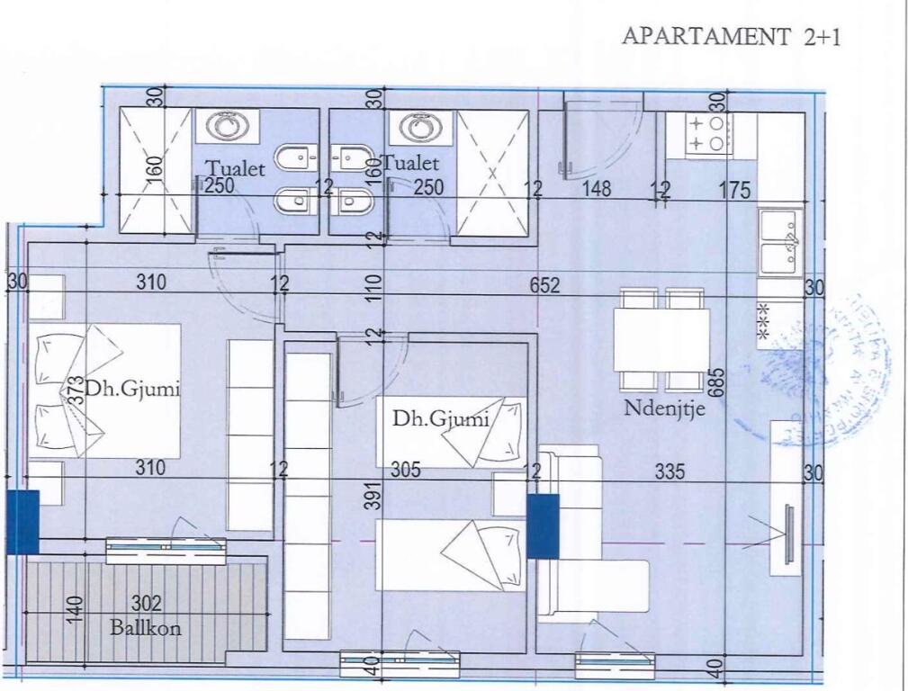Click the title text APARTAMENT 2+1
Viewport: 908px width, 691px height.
[x=731, y=37]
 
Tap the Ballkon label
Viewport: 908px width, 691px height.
[x=145, y=627]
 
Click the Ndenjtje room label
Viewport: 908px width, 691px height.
[x=664, y=408]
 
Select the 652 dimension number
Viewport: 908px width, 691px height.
[x=544, y=285]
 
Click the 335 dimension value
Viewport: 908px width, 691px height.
[x=670, y=471]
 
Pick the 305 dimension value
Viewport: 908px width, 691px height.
[x=406, y=471]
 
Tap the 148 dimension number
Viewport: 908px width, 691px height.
[x=596, y=189]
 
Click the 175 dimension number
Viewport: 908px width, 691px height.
[x=735, y=190]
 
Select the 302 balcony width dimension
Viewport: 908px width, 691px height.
[x=147, y=605]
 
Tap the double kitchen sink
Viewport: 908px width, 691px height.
[x=780, y=240]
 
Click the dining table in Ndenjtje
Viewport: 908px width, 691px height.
[x=661, y=340]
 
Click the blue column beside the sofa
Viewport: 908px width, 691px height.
[x=543, y=525]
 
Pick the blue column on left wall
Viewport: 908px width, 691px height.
[x=22, y=521]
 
